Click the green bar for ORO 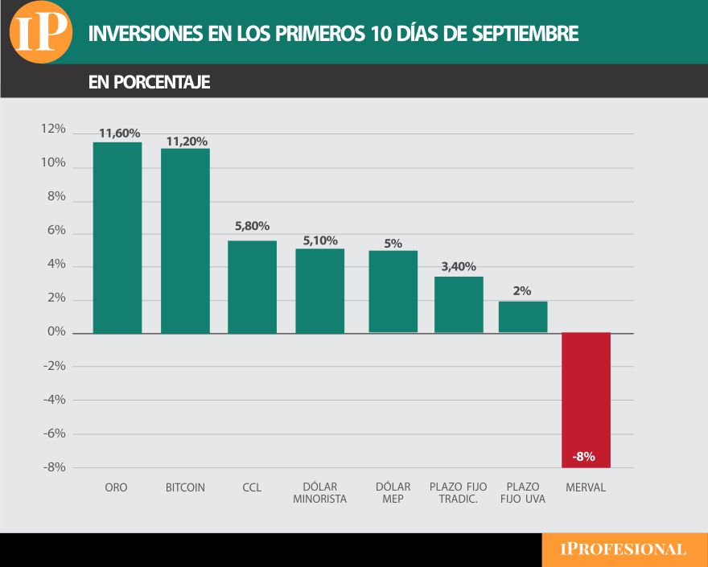[117, 237]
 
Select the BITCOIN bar [185, 240]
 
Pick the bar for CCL [252, 286]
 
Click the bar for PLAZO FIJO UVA [523, 317]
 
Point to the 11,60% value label [119, 134]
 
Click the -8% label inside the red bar [584, 457]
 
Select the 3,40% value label [459, 267]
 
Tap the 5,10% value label [320, 240]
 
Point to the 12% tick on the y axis [53, 129]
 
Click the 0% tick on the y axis [56, 331]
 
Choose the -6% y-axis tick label [54, 433]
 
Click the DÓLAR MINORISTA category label [320, 493]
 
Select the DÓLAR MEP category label [393, 493]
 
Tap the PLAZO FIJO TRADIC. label [459, 493]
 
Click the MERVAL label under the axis [586, 487]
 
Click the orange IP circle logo [40, 32]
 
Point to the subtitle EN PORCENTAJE [149, 82]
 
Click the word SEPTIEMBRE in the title [523, 34]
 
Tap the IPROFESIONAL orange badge [624, 549]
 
